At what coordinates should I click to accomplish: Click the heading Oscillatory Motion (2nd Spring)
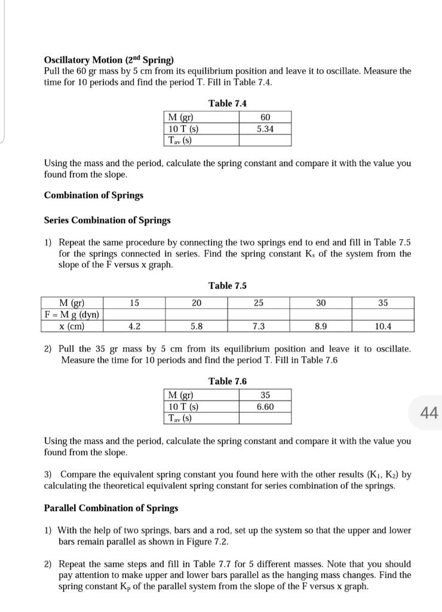(109, 60)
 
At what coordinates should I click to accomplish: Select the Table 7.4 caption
(227, 103)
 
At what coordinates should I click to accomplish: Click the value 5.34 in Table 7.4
(265, 128)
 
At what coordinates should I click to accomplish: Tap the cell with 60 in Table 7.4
(265, 117)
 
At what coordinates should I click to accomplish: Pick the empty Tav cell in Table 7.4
(265, 140)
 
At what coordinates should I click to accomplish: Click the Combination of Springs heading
(94, 195)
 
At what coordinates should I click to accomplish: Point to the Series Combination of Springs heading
(108, 220)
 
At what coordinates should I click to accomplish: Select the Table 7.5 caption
(227, 286)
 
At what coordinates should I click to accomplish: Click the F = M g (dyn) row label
(72, 315)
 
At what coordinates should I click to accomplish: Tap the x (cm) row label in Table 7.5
(72, 326)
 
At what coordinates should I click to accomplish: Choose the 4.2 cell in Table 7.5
(134, 326)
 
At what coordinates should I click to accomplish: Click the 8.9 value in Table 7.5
(321, 326)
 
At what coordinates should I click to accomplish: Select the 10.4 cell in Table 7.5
(383, 326)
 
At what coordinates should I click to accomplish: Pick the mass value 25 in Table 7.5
(259, 303)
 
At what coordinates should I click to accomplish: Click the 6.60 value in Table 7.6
(265, 406)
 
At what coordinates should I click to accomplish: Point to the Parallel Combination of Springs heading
(111, 508)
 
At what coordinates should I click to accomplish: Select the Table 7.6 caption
(227, 381)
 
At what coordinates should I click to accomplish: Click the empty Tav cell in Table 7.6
(265, 418)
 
